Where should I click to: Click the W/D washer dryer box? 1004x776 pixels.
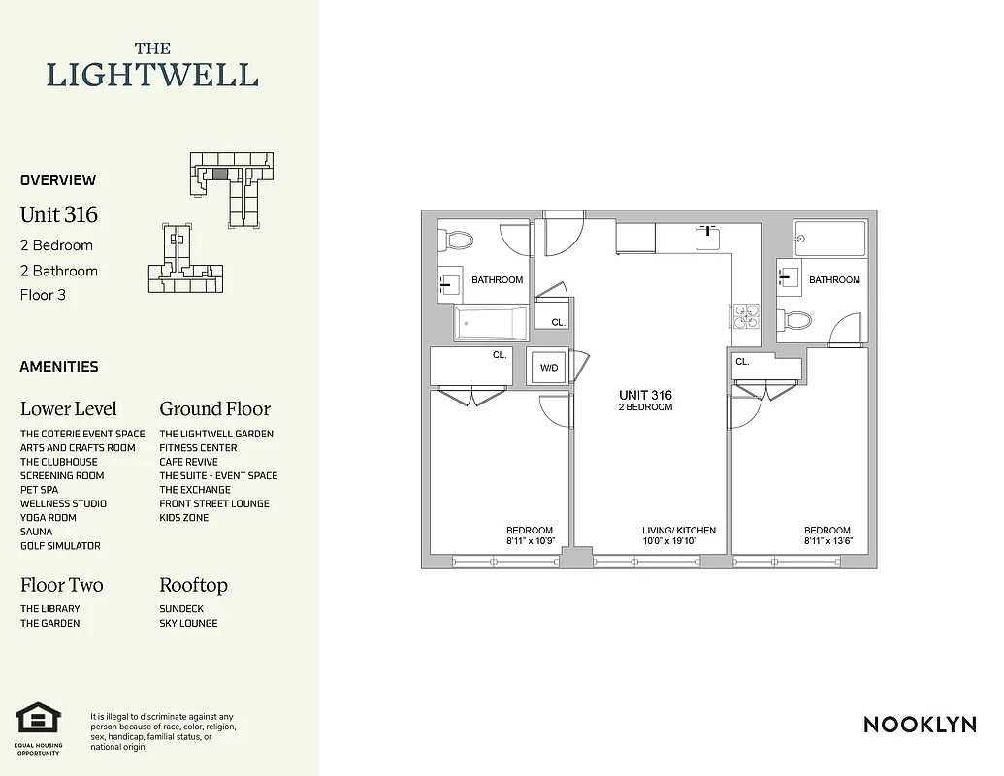549,368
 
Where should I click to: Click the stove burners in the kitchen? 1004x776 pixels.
745,318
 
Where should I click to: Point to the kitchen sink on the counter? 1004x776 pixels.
708,238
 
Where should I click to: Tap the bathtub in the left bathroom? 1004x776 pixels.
491,324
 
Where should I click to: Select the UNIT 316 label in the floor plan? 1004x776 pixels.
645,395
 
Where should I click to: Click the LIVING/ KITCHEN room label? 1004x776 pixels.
679,531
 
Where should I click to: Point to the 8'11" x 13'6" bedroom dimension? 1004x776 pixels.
828,542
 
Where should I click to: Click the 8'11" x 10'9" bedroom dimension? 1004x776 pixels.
530,542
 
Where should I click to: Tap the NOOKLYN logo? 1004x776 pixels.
920,724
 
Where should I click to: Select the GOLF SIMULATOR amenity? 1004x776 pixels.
60,546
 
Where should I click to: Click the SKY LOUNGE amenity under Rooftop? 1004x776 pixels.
188,623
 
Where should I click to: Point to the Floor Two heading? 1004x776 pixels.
61,585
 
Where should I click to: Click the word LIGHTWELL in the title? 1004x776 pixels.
152,76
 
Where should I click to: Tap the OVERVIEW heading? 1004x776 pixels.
58,179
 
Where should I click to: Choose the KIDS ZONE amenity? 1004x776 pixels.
183,518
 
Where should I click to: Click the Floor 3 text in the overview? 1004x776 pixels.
43,295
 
